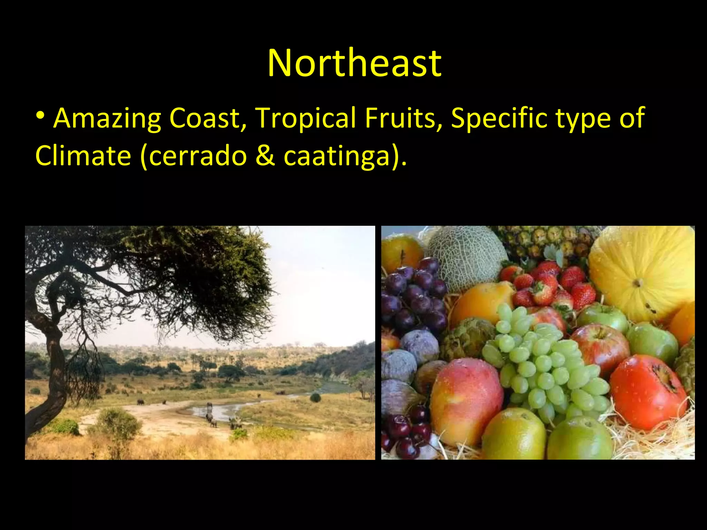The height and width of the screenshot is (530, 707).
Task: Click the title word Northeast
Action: click(354, 63)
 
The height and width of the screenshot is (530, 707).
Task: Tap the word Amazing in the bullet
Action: click(107, 118)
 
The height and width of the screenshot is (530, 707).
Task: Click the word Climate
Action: click(83, 155)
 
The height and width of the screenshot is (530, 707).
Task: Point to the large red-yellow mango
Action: click(466, 400)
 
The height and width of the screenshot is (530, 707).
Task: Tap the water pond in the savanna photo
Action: click(221, 411)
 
